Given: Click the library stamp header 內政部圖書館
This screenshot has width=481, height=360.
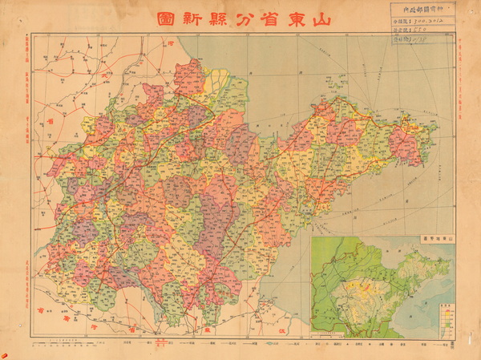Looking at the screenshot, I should (x=422, y=13).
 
